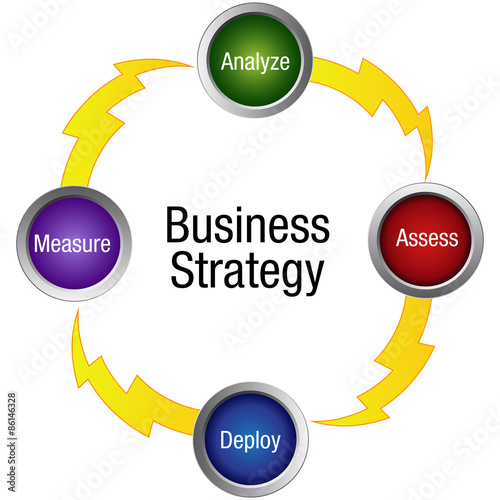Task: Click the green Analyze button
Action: click(255, 60)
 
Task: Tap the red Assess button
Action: click(426, 240)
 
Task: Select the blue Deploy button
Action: click(251, 440)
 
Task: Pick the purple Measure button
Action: click(74, 244)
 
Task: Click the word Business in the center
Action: click(248, 225)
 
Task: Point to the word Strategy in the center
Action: click(247, 272)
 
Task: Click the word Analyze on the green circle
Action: click(255, 62)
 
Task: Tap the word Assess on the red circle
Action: click(427, 238)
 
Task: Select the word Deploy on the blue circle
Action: click(250, 441)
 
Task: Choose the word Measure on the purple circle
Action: click(72, 243)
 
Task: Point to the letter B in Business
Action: click(176, 225)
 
